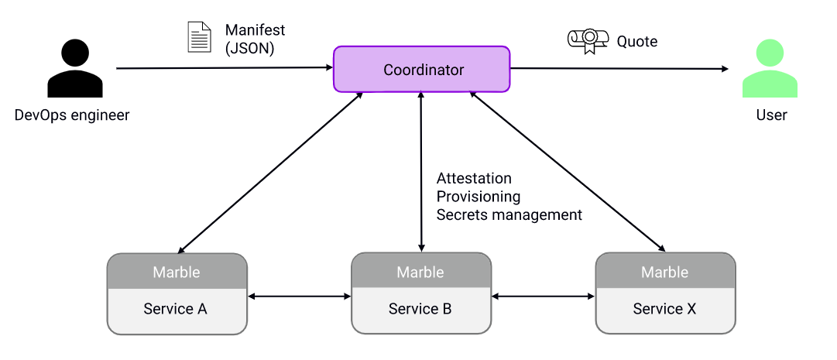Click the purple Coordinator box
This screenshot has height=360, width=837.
422,70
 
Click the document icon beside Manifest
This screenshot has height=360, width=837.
199,37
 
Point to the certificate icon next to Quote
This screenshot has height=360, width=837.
588,41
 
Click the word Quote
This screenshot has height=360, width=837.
637,42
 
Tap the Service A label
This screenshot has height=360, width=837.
176,309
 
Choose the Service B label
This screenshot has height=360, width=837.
420,309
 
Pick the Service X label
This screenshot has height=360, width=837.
664,309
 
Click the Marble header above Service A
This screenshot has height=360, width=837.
177,272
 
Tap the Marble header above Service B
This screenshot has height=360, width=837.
420,272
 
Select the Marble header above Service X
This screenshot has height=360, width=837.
664,272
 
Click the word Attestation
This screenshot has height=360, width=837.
474,179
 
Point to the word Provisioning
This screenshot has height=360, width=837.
479,197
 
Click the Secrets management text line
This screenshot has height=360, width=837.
509,214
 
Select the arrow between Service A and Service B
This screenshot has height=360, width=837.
299,296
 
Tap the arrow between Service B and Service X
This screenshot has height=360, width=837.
543,296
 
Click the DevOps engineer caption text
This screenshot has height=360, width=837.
72,115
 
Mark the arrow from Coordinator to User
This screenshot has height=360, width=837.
619,69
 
